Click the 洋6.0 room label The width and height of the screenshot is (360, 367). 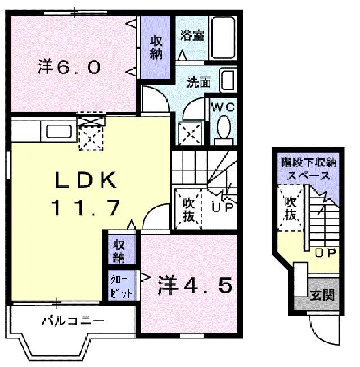(x=69, y=68)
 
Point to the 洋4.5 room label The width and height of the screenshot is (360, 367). (x=194, y=287)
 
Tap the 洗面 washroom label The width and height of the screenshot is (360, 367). (x=199, y=82)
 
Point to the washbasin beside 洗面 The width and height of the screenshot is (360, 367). (x=228, y=80)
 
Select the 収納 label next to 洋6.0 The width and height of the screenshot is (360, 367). (x=156, y=46)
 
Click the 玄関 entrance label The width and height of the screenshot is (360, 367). (x=322, y=294)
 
